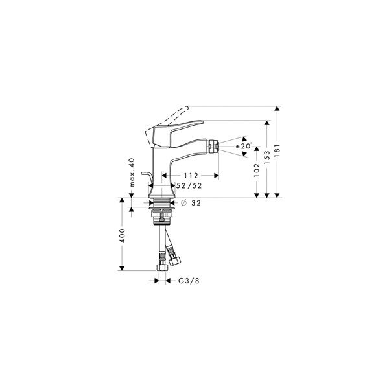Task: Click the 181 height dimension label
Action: [x=277, y=150]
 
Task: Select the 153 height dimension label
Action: [x=267, y=158]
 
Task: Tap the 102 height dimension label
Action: [x=257, y=170]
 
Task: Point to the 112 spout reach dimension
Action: [x=191, y=176]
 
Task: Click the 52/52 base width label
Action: [x=189, y=185]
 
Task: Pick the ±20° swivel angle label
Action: [x=244, y=146]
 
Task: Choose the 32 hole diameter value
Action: [x=196, y=203]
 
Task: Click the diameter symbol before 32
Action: [x=183, y=203]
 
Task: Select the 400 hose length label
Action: [x=122, y=236]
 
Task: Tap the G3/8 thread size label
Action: [x=189, y=281]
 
